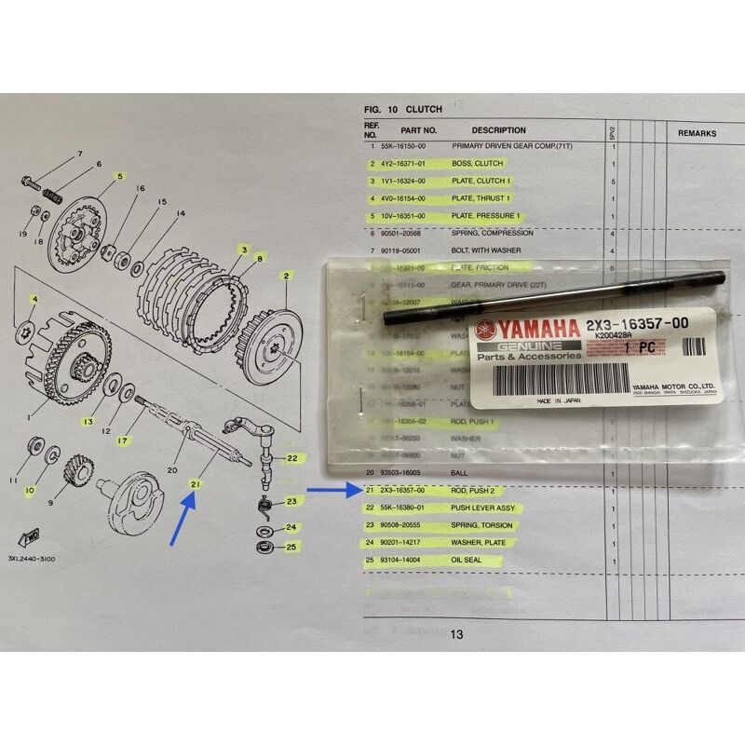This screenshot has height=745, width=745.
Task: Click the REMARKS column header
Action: click(697, 134)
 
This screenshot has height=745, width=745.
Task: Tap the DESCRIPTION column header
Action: click(498, 130)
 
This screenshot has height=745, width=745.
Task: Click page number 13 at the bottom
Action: click(456, 635)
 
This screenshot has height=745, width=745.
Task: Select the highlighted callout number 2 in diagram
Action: click(287, 276)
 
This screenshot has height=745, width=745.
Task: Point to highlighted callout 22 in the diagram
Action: click(291, 458)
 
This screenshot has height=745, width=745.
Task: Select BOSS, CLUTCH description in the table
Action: click(477, 164)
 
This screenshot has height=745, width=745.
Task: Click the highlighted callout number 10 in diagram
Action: click(30, 489)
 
